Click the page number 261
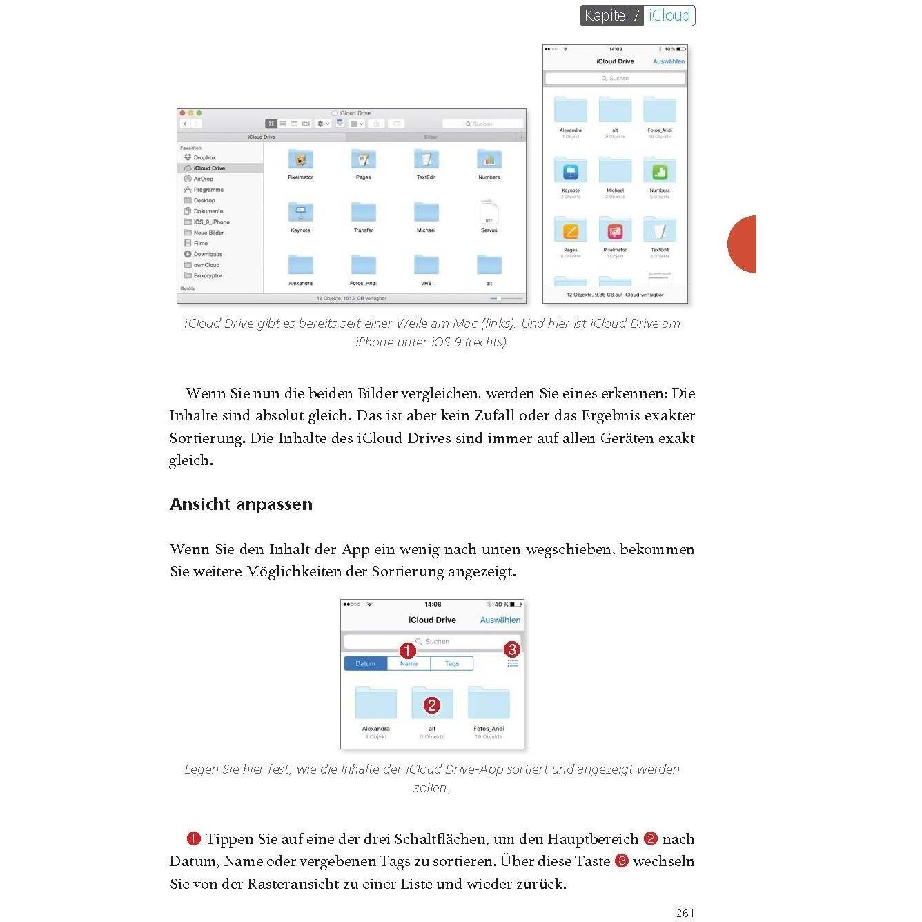[685, 912]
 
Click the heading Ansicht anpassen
[241, 504]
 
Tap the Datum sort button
[366, 663]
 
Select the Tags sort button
[452, 663]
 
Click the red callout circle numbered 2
[432, 705]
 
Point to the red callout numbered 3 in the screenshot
[511, 649]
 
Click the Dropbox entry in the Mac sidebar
[204, 157]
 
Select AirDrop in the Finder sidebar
[203, 179]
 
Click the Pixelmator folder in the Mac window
[300, 161]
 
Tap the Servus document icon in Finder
[489, 212]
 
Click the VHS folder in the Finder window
[426, 266]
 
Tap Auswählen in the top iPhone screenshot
[669, 61]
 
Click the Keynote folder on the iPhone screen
[571, 171]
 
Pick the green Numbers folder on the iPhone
[660, 171]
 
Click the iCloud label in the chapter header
[669, 15]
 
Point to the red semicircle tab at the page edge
[744, 244]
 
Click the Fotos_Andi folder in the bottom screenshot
[489, 704]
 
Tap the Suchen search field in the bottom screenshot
[432, 641]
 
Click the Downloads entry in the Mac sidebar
[207, 254]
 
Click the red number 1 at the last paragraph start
[193, 838]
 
